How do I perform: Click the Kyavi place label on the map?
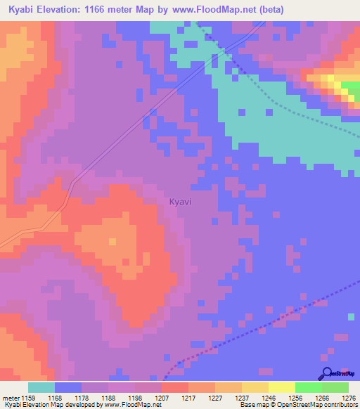tap(179, 202)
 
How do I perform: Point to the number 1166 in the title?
tap(102, 9)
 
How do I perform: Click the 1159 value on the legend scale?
tap(27, 398)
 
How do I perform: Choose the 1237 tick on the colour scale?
tap(241, 398)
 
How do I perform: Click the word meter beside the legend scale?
tap(10, 398)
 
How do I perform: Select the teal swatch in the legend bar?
tap(41, 387)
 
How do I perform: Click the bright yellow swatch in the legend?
tap(281, 387)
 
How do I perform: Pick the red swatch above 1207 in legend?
tap(174, 387)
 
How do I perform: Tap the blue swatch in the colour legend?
tap(67, 387)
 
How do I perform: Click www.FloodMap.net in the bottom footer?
tap(127, 405)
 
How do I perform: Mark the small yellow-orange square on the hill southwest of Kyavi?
tap(112, 242)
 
